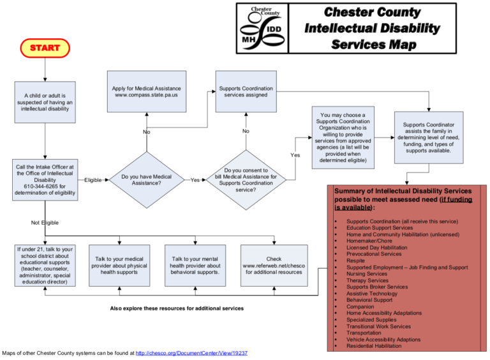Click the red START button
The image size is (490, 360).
[45, 48]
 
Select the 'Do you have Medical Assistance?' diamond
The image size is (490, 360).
[146, 180]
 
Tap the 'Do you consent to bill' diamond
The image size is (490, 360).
[246, 180]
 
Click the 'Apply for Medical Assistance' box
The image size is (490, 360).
[146, 91]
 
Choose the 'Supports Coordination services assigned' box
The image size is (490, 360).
[246, 91]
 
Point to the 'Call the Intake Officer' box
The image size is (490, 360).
[45, 180]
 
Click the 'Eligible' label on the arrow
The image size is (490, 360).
[93, 180]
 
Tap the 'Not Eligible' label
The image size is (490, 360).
[45, 223]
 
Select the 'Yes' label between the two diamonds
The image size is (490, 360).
[195, 180]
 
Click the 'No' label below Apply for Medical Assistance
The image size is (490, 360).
[146, 132]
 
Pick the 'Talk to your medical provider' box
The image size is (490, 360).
[119, 266]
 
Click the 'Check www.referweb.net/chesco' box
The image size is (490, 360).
[274, 266]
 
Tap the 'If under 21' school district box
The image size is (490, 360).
[45, 266]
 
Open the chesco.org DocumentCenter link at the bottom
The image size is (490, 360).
[191, 352]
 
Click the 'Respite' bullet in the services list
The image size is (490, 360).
[355, 260]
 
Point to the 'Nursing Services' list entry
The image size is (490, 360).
[367, 274]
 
